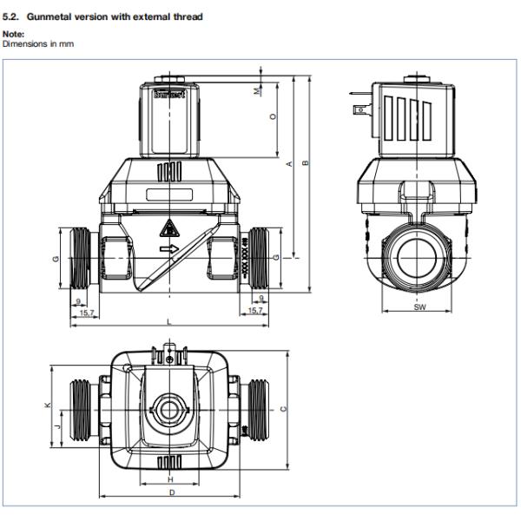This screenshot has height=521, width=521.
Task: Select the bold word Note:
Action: click(x=12, y=35)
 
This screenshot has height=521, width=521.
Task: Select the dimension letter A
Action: click(x=289, y=166)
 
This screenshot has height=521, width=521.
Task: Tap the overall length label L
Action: click(x=169, y=321)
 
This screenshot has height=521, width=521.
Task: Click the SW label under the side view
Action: click(x=419, y=307)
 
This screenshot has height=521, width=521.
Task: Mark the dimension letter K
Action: click(x=48, y=406)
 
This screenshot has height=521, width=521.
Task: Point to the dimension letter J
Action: click(x=57, y=426)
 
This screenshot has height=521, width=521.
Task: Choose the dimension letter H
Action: click(x=170, y=479)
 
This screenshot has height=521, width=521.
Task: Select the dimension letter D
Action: click(x=170, y=492)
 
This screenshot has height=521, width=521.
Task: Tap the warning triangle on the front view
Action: click(x=167, y=229)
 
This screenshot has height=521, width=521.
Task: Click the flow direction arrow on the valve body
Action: click(x=168, y=251)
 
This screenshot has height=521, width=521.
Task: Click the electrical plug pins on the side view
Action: click(x=357, y=109)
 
